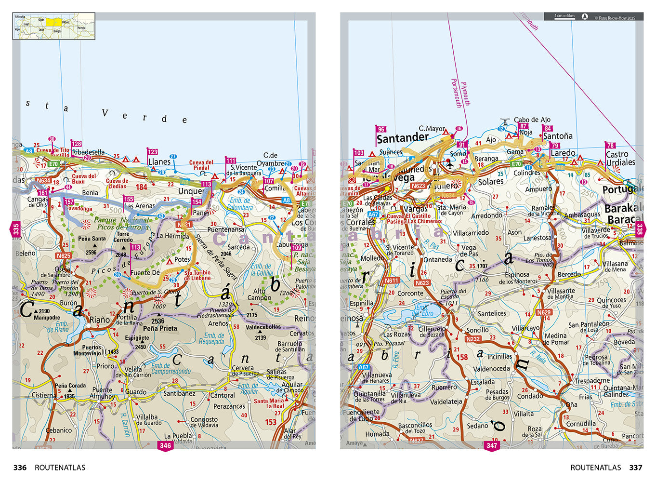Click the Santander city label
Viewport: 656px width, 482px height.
coord(402,138)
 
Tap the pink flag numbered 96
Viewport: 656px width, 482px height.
coord(381,129)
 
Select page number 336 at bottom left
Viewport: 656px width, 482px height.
coord(20,468)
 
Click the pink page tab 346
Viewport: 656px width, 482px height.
coord(165,445)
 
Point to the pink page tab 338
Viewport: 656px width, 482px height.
coord(640,228)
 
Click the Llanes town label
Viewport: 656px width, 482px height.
coord(159,162)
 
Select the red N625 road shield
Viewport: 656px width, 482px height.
coord(63,256)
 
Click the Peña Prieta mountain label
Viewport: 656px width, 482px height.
coord(160,328)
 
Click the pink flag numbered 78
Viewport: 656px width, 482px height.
coord(610,145)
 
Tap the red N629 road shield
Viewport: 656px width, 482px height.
coord(544,312)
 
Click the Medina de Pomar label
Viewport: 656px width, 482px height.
coord(556,339)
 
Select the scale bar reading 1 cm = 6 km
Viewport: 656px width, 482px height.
coord(564,16)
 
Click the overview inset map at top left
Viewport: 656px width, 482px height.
coord(54,26)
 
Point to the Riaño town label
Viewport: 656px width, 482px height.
coord(100,320)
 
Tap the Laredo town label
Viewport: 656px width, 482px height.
coord(563,153)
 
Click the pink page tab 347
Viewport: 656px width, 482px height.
coord(491,445)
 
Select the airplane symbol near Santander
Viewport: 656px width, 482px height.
coord(450,163)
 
